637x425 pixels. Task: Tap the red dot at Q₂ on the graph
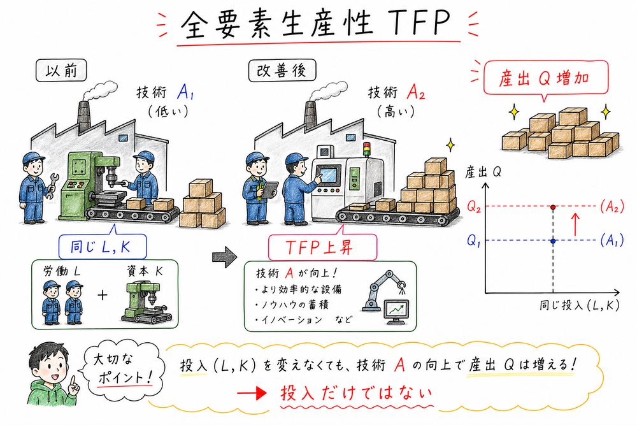tap(553, 208)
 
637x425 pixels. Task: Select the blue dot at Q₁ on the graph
tap(553, 241)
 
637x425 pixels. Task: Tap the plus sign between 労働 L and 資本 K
tap(102, 295)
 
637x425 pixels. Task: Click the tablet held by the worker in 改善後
tap(271, 187)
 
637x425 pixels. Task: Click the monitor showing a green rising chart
tap(397, 311)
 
